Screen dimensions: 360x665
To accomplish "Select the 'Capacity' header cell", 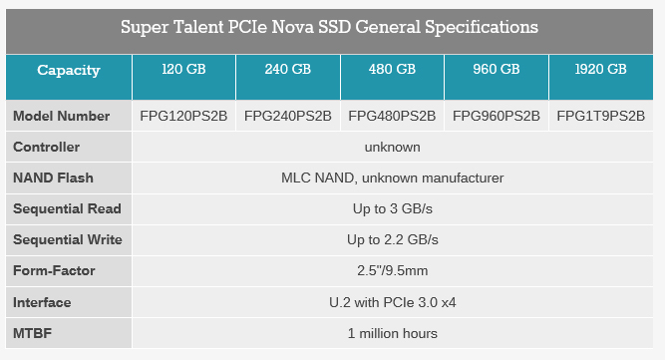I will (69, 70).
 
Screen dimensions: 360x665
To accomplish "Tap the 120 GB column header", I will (184, 70).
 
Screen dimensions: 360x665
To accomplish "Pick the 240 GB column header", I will (288, 70).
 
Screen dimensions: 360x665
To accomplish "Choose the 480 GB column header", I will (392, 70).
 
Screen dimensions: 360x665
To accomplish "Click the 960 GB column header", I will (496, 70).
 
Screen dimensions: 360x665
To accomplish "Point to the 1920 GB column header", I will (601, 70).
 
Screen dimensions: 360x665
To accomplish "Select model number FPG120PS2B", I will (184, 116).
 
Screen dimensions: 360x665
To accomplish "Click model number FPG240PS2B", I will (288, 116).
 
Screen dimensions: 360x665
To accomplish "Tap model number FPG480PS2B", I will (392, 116).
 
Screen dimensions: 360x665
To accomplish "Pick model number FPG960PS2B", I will (496, 116).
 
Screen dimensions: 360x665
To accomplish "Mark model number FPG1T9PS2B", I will (601, 116).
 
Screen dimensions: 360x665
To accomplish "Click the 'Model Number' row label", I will (62, 116).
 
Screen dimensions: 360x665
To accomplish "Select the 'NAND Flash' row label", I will (54, 178).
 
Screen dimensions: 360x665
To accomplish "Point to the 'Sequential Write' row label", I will (68, 239).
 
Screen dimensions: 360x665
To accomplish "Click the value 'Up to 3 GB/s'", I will (392, 208).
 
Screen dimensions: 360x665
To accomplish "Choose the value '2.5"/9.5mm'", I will (392, 270).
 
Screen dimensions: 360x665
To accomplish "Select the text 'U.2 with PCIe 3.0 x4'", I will (392, 301).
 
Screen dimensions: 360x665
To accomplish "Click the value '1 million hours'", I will (392, 332).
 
